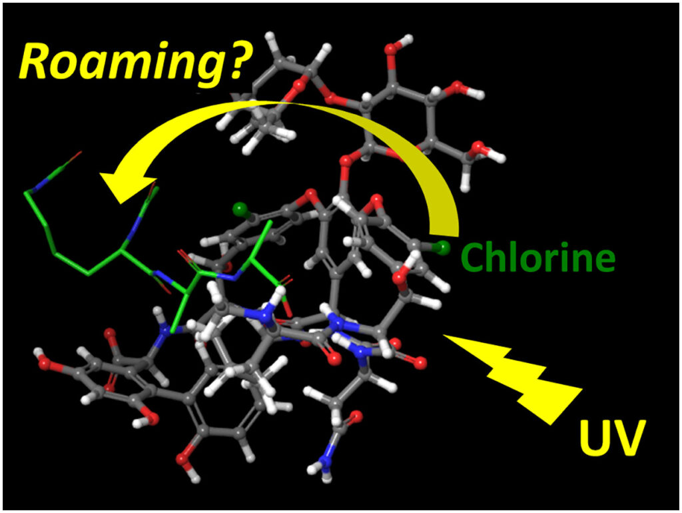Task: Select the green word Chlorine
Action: click(538, 256)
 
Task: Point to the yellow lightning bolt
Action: click(513, 378)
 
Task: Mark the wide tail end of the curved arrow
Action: click(444, 227)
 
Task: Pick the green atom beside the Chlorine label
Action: click(443, 248)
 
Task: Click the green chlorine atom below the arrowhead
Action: click(240, 210)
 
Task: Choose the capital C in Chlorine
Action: click(474, 257)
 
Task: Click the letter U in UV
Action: click(595, 437)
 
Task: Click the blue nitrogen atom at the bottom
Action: click(325, 460)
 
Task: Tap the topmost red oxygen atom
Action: click(390, 48)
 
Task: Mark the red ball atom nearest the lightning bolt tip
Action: click(420, 362)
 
